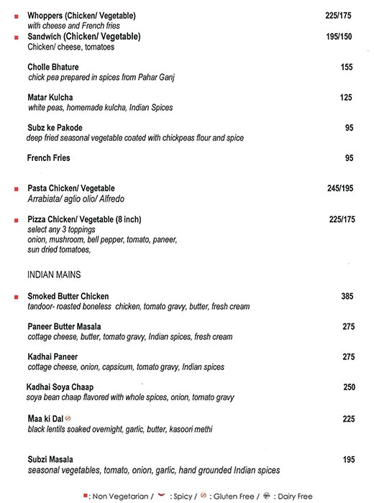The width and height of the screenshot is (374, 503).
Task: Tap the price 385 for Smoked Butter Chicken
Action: pyautogui.click(x=348, y=296)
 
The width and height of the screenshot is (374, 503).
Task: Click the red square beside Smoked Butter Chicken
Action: pyautogui.click(x=16, y=296)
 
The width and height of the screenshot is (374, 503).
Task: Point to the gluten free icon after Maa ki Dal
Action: pyautogui.click(x=68, y=418)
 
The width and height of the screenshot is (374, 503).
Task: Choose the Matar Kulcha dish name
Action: pyautogui.click(x=50, y=97)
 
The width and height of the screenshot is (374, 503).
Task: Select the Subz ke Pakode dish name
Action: pyautogui.click(x=55, y=128)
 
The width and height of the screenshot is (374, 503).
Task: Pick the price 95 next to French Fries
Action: pyautogui.click(x=350, y=158)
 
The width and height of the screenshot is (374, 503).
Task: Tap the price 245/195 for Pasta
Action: pyautogui.click(x=341, y=188)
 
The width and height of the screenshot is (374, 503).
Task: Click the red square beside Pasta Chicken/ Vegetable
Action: pyautogui.click(x=16, y=189)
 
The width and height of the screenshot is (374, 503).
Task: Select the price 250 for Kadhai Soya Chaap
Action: pyautogui.click(x=349, y=387)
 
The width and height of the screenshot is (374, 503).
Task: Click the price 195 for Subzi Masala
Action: pyautogui.click(x=349, y=459)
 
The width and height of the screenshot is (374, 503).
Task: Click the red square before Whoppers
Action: pyautogui.click(x=16, y=15)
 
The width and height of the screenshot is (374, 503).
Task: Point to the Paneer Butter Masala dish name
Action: pyautogui.click(x=64, y=326)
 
